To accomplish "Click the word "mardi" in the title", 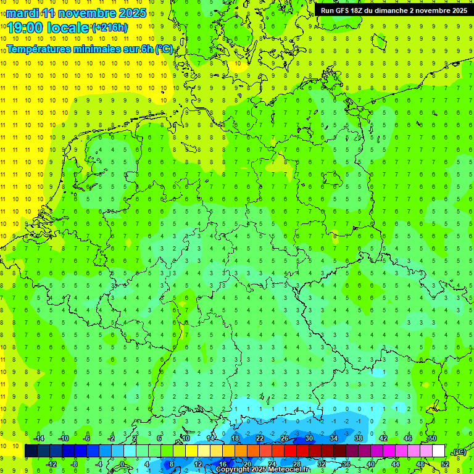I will [22, 12].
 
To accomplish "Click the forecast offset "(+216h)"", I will [110, 28].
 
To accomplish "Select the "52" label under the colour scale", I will [445, 464].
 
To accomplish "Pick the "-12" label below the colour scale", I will [51, 464].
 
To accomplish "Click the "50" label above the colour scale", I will [432, 438].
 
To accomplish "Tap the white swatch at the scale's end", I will [438, 451].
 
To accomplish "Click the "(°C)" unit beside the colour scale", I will [459, 452].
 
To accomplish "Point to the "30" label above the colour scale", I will [309, 438].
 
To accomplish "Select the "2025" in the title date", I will [131, 12].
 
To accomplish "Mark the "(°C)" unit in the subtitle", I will [164, 49].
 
